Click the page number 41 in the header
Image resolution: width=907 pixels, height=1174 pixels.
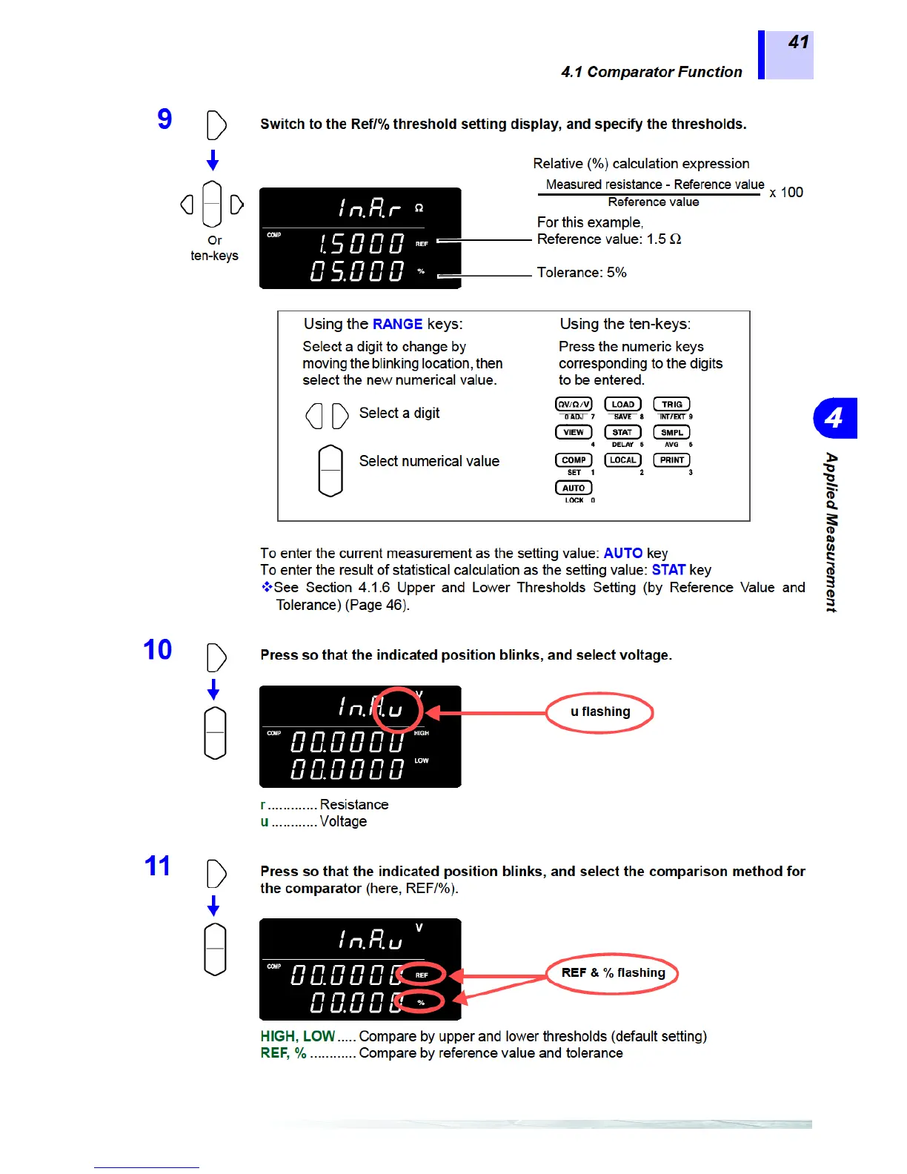[x=798, y=42]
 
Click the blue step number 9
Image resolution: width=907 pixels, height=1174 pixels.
[x=165, y=119]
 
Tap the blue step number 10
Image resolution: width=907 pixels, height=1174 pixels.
[x=157, y=650]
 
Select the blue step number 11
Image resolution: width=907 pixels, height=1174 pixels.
[x=157, y=866]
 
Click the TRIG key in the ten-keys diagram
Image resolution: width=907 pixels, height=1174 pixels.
[x=671, y=405]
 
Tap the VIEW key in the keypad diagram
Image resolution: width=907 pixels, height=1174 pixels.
[x=574, y=432]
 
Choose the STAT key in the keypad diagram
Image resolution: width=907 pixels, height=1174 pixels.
[x=622, y=432]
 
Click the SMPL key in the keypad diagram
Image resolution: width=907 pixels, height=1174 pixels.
[x=671, y=432]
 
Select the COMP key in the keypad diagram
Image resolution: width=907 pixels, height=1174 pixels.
[x=574, y=460]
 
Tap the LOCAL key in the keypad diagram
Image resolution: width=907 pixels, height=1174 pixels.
[x=622, y=460]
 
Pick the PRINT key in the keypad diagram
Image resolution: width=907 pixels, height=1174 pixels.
[x=671, y=460]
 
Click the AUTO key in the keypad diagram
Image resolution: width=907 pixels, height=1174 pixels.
[x=574, y=488]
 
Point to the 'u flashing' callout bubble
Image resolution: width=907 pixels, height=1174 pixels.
[x=600, y=712]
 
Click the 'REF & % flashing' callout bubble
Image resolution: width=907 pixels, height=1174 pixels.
[x=613, y=973]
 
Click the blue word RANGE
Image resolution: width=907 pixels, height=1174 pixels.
[x=397, y=324]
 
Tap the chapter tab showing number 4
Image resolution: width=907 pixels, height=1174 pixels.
[x=834, y=418]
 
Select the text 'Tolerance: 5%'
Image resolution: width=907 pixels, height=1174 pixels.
[x=582, y=273]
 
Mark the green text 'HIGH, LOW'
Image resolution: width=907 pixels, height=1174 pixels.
[x=297, y=1036]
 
